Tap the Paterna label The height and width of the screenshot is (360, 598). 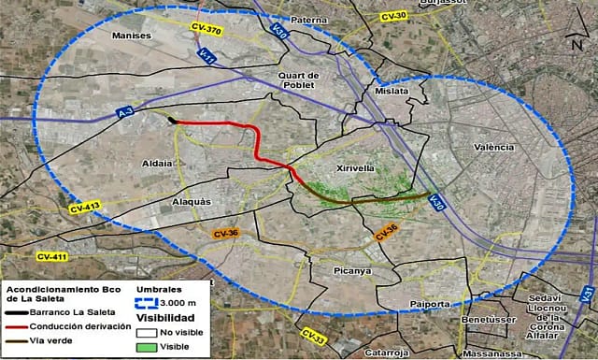click(308, 20)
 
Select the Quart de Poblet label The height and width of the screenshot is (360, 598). click(299, 79)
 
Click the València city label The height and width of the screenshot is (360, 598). click(494, 148)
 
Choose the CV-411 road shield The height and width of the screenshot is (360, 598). click(53, 256)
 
